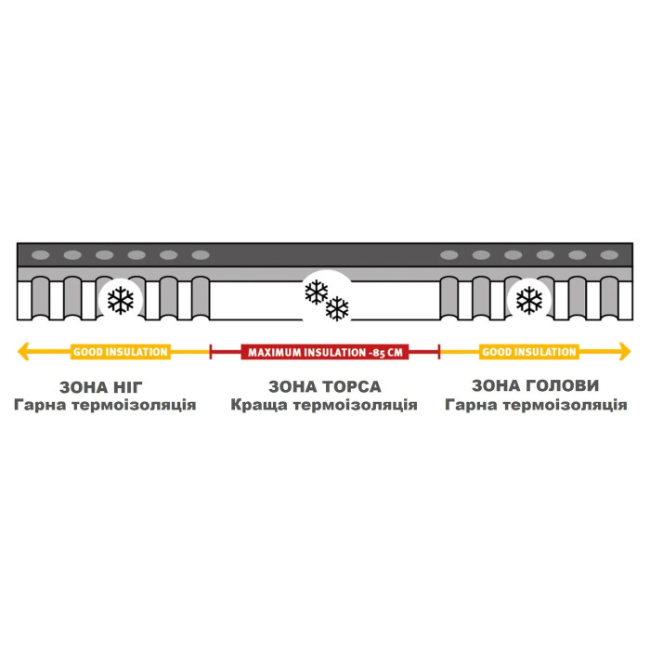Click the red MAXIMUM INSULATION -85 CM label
coord(325,352)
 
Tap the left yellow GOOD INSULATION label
coord(121,352)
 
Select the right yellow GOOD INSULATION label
coord(529,352)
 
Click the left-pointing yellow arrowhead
coord(23,352)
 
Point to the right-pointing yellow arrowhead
coord(625,352)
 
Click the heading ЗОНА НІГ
coord(101,387)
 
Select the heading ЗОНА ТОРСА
coord(325,387)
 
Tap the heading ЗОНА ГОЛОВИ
coord(536,385)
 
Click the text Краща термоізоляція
coord(324,405)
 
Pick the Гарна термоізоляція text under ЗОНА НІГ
coord(105,405)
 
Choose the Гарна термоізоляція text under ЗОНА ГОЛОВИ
coord(536,405)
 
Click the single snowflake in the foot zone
coord(121,300)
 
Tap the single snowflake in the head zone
coord(529,300)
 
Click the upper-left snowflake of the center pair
coord(317,292)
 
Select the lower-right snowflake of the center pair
coord(337,308)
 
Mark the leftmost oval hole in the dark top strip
coord(41,255)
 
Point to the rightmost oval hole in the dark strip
coord(609,255)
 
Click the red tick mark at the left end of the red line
coord(211,352)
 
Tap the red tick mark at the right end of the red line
coord(439,352)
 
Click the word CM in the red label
coord(395,353)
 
